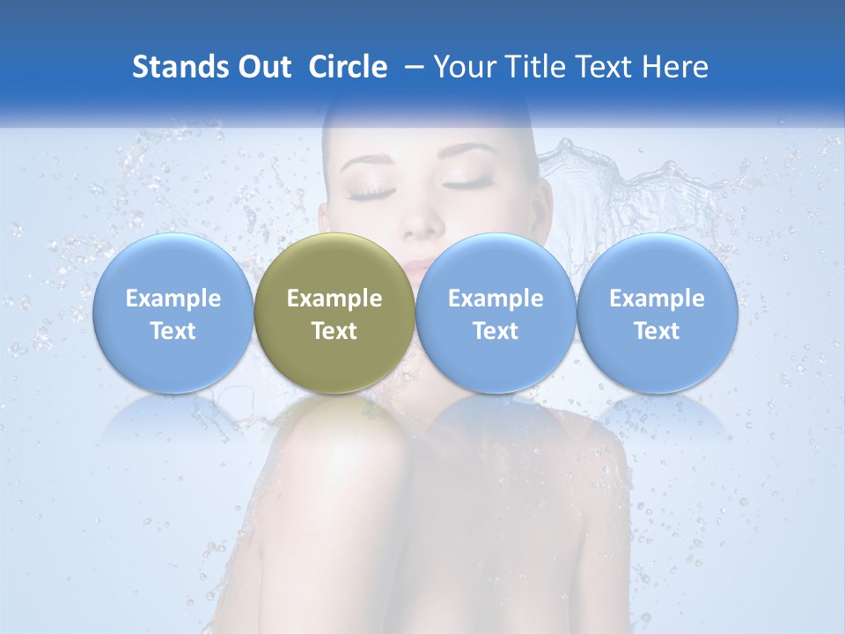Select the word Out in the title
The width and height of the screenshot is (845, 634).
click(265, 67)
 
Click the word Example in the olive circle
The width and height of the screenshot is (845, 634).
click(334, 299)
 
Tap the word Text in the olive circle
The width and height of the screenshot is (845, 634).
click(334, 331)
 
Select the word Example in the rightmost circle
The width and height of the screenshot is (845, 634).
click(657, 299)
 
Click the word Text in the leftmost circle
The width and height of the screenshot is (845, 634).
click(173, 331)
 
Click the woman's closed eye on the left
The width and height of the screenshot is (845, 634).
click(371, 188)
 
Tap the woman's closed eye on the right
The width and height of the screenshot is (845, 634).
click(469, 183)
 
